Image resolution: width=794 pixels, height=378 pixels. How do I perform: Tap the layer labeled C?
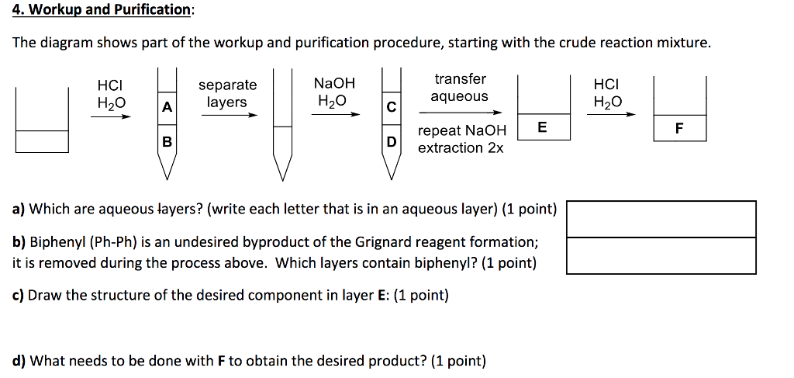[392, 109]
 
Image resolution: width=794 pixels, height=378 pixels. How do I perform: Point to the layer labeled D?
[392, 142]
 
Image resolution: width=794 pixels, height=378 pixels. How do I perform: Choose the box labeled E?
[542, 128]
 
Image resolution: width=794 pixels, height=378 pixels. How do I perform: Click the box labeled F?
[679, 130]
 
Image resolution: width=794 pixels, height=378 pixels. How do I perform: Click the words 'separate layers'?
[227, 93]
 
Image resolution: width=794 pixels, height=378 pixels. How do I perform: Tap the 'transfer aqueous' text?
[460, 88]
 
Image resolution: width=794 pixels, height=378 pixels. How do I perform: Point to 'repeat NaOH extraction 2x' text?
[462, 139]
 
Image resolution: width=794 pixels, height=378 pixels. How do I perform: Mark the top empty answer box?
[661, 219]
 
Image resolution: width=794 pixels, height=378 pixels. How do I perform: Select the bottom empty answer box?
[661, 255]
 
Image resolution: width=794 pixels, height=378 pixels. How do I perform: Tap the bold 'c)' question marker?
[19, 296]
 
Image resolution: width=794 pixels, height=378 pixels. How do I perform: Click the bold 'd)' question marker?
[19, 361]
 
